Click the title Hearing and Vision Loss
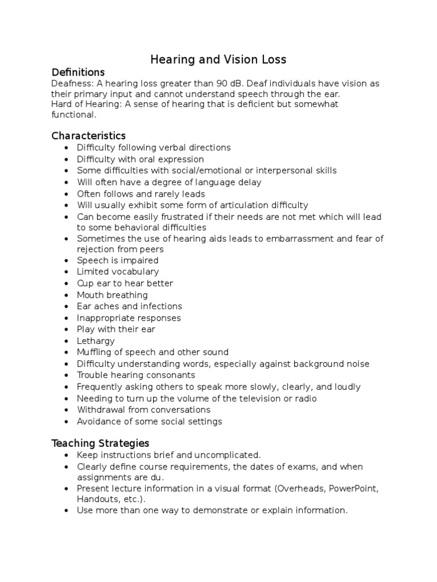218,59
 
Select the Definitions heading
78,72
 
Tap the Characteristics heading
88,135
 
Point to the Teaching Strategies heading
100,443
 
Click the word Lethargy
96,341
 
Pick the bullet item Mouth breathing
112,295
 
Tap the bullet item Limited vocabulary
118,272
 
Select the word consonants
170,375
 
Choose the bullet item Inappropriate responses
129,318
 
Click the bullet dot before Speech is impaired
67,260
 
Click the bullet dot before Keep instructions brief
67,455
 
